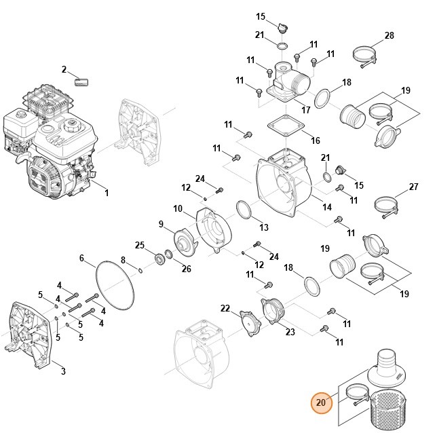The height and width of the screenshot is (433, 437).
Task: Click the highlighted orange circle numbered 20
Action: [x=322, y=402]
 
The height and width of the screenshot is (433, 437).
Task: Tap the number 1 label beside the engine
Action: [x=106, y=193]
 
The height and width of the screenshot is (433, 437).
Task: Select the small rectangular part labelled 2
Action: [x=81, y=82]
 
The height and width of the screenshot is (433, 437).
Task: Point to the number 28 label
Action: [x=389, y=35]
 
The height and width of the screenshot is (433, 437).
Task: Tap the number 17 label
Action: [x=307, y=109]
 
